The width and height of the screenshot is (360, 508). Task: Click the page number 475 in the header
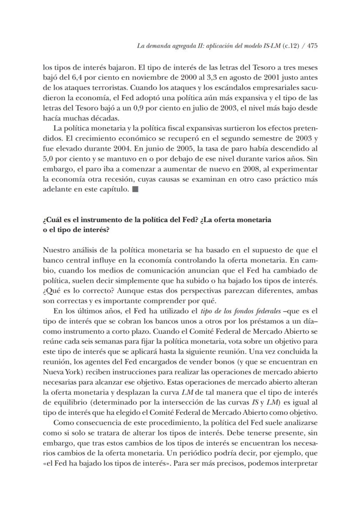[x=312, y=47]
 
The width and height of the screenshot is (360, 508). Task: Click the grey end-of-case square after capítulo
[x=135, y=189]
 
